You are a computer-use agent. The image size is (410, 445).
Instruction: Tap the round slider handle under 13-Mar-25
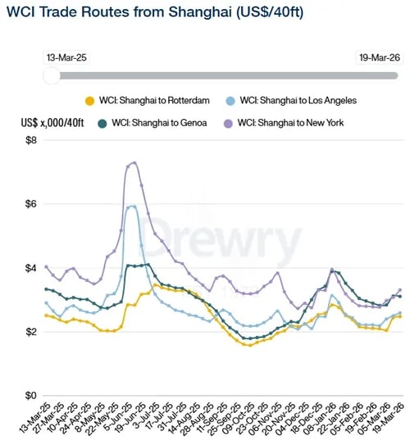point(51,75)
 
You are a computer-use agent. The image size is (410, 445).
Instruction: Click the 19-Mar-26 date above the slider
point(380,57)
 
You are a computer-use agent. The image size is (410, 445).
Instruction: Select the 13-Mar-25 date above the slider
point(68,57)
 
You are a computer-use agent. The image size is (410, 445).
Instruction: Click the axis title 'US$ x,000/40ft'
point(54,122)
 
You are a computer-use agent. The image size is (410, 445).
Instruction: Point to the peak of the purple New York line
point(134,162)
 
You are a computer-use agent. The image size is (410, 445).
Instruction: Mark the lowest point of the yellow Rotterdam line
point(248,345)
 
